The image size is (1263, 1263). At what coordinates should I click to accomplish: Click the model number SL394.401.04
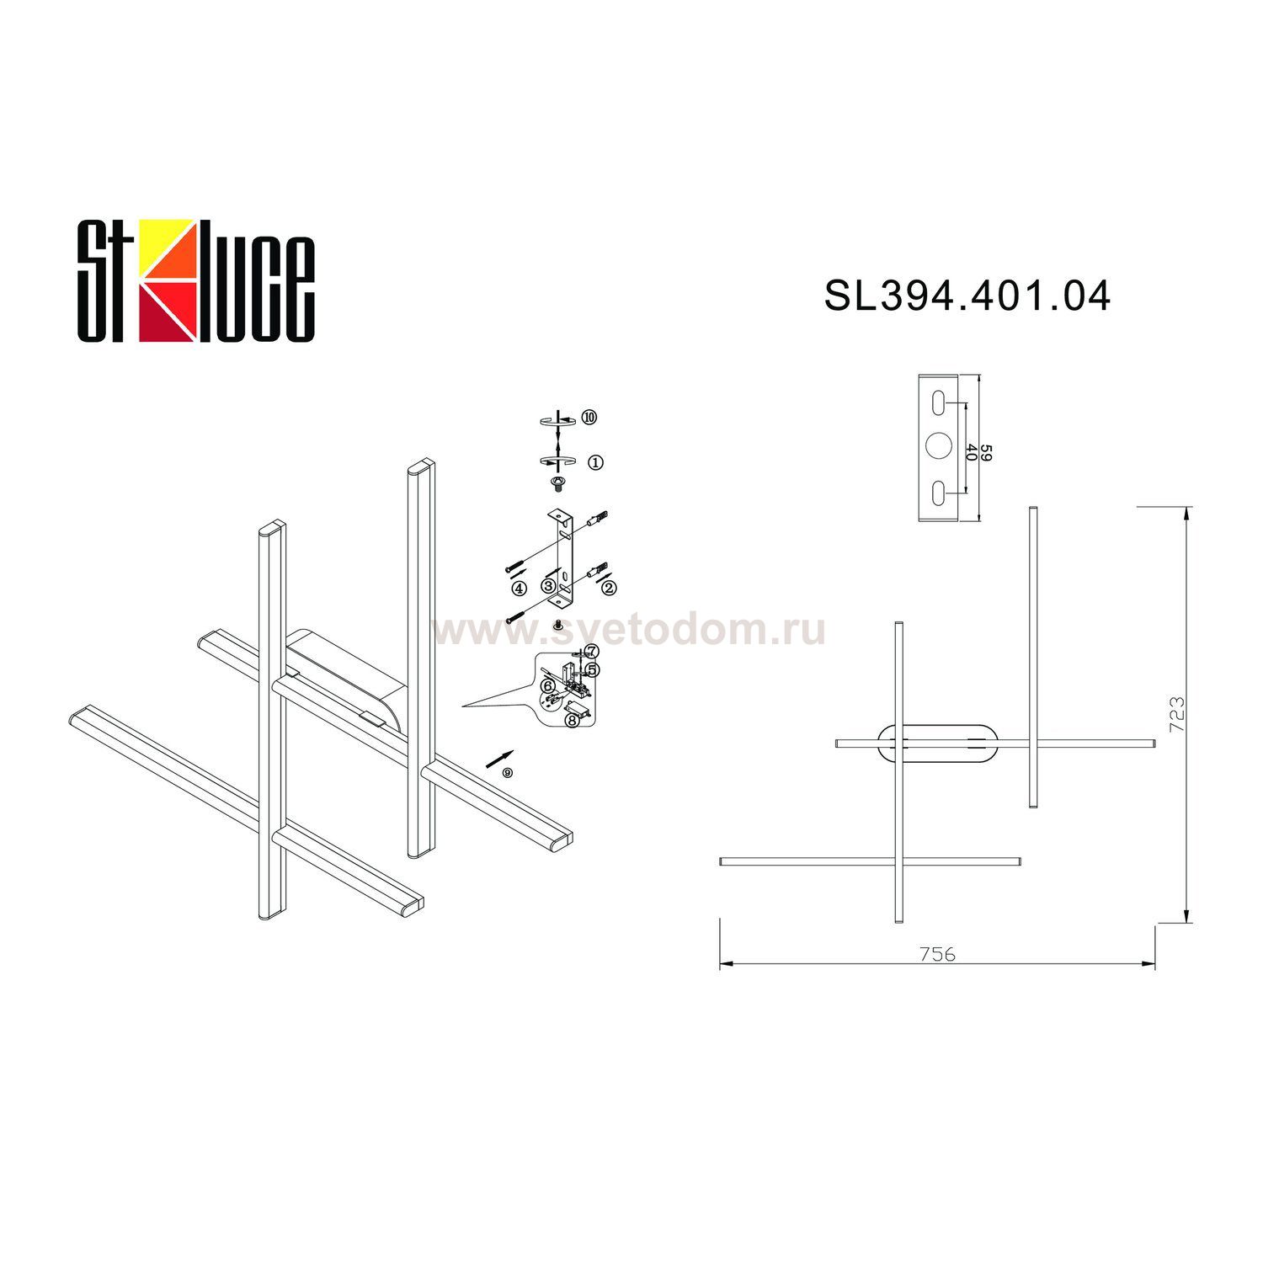967,296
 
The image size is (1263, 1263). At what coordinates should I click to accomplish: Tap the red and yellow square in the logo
168,280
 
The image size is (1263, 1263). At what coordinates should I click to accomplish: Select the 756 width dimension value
937,954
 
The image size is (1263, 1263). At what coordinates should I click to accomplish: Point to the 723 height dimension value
1176,714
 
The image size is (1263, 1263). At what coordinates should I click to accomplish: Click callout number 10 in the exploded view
589,417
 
